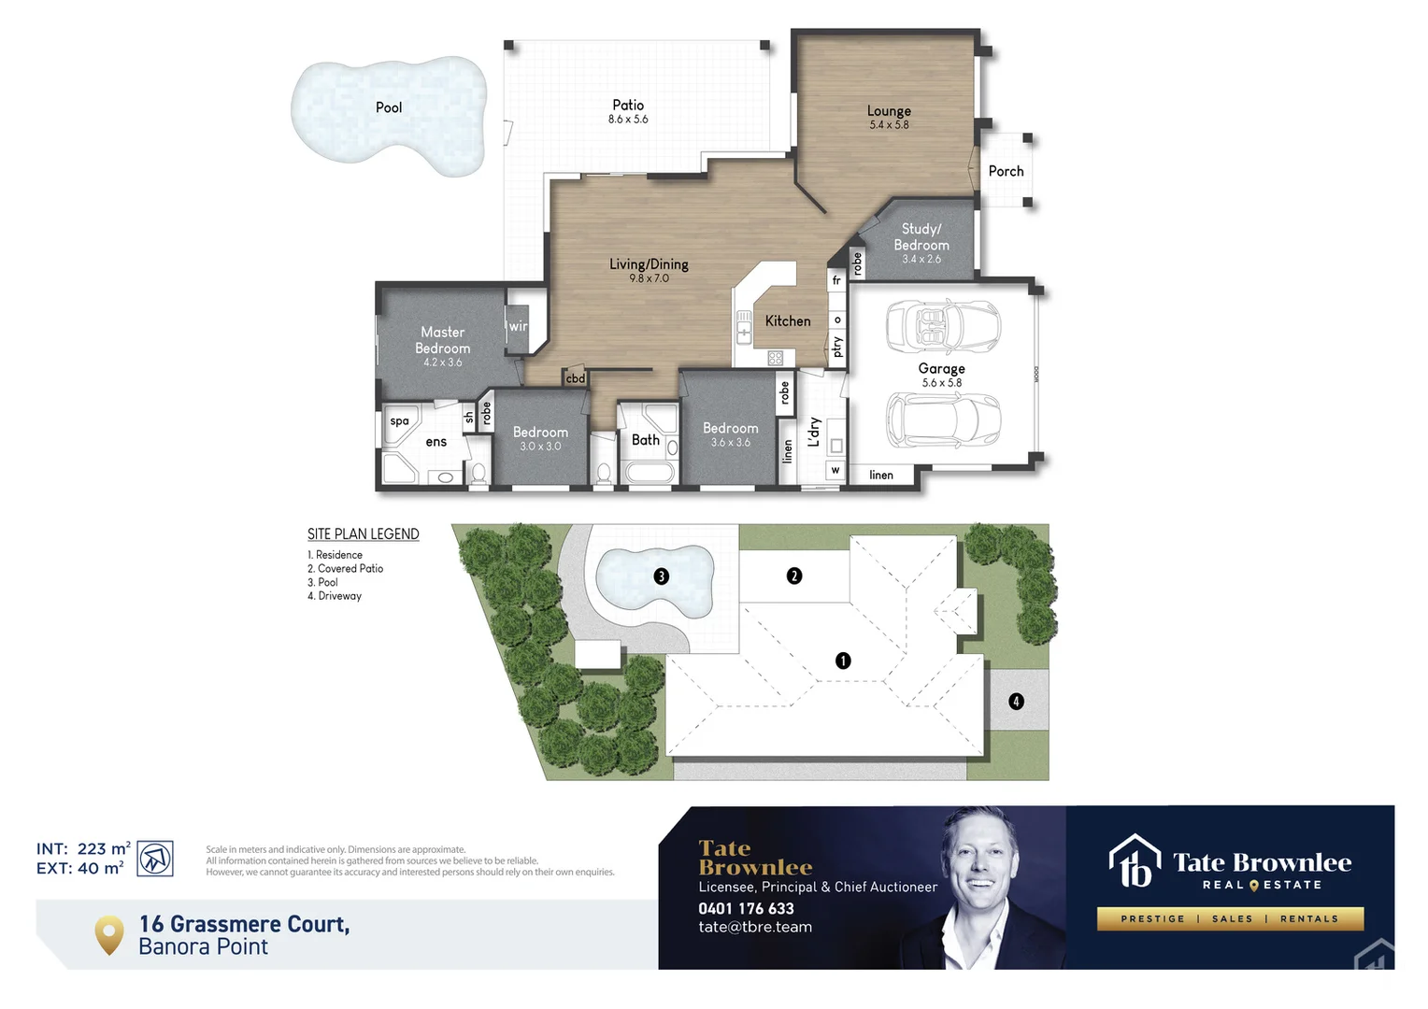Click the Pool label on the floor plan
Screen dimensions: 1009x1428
[389, 107]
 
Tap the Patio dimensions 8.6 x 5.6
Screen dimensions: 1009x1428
[628, 120]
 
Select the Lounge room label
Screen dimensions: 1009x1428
[889, 110]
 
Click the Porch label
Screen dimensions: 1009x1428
[1006, 171]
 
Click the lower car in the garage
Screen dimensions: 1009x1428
[942, 419]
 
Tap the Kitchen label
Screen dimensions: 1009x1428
[788, 320]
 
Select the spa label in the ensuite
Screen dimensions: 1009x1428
[400, 421]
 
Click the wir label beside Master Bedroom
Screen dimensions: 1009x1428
[518, 327]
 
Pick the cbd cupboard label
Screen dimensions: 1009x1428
[576, 378]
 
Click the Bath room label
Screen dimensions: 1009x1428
[646, 439]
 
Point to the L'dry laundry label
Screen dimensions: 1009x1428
[814, 432]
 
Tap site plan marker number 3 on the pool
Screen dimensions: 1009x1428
[662, 576]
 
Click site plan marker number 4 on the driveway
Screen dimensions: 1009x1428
[1016, 701]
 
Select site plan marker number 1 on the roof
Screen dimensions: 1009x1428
[843, 661]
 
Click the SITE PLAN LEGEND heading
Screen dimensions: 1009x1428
[364, 534]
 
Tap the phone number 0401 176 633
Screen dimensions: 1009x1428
[746, 908]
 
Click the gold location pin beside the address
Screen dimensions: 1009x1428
[109, 934]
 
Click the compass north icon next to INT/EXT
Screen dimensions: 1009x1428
[155, 858]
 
